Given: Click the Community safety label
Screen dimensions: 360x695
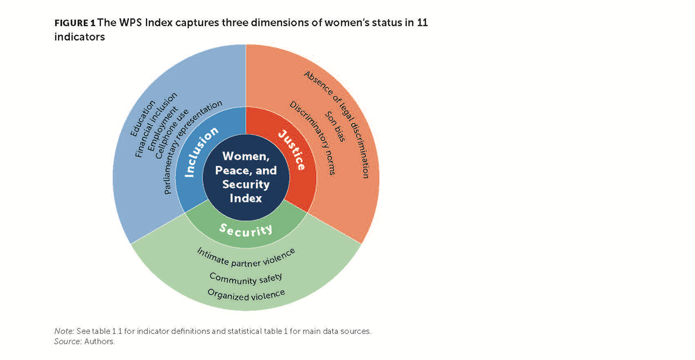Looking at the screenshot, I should (x=246, y=279).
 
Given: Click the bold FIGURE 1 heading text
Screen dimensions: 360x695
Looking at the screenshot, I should (x=75, y=24).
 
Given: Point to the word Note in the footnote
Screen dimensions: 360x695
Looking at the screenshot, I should (x=63, y=331).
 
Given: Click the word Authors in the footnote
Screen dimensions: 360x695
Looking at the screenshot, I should (x=101, y=341).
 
